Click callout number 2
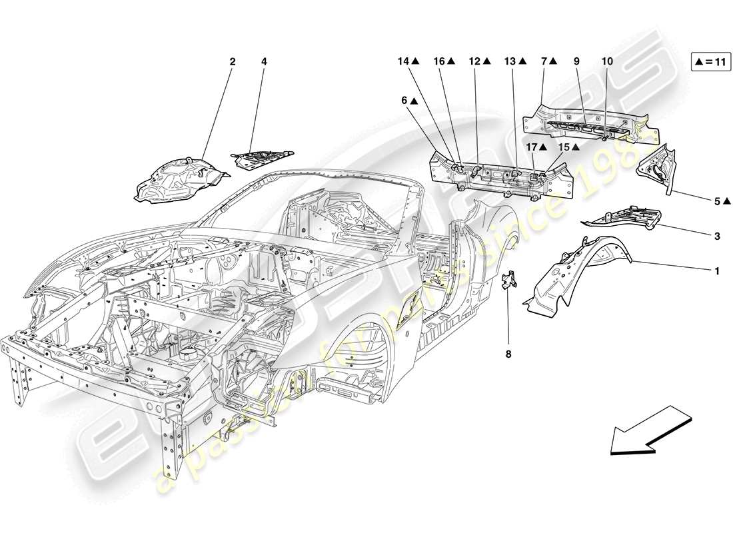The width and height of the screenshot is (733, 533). click(x=233, y=62)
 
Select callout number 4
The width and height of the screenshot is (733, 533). click(x=264, y=62)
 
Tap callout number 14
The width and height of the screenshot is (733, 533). click(x=403, y=62)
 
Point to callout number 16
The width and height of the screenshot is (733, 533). click(x=439, y=62)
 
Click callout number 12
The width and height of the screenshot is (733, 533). click(x=474, y=62)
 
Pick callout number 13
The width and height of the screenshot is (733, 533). click(x=510, y=62)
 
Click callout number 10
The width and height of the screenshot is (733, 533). click(x=606, y=62)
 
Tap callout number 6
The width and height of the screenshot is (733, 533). click(x=404, y=101)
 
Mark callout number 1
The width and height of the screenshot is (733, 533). click(x=698, y=271)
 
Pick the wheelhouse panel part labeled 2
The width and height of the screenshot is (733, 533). click(x=177, y=177)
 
